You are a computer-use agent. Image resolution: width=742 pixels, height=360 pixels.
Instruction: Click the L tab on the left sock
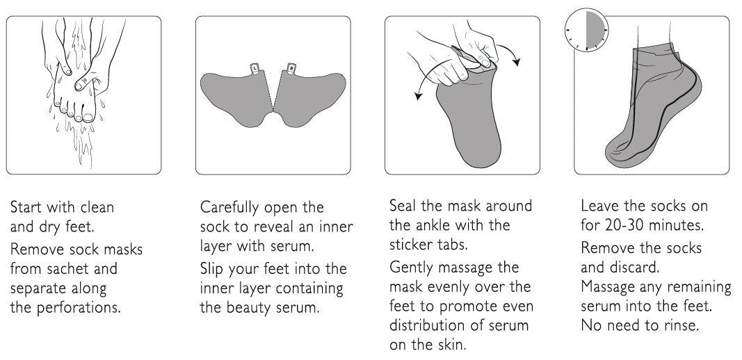[255, 69]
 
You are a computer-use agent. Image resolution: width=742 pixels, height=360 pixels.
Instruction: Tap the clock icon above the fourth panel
[587, 30]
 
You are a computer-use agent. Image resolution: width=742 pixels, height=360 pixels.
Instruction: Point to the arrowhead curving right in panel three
[517, 62]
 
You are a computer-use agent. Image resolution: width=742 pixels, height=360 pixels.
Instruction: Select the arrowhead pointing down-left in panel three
[418, 96]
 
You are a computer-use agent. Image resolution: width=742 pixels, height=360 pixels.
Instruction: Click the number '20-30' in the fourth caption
[624, 225]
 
